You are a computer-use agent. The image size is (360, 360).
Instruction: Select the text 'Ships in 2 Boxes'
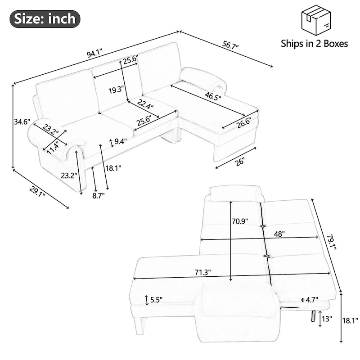pos(314,44)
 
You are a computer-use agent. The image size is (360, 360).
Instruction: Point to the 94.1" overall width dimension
pos(95,54)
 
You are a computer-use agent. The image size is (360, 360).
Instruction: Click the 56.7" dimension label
pos(230,46)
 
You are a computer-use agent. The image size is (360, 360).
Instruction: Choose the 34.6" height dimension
pos(21,121)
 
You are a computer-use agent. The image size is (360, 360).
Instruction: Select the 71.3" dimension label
pos(202,273)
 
